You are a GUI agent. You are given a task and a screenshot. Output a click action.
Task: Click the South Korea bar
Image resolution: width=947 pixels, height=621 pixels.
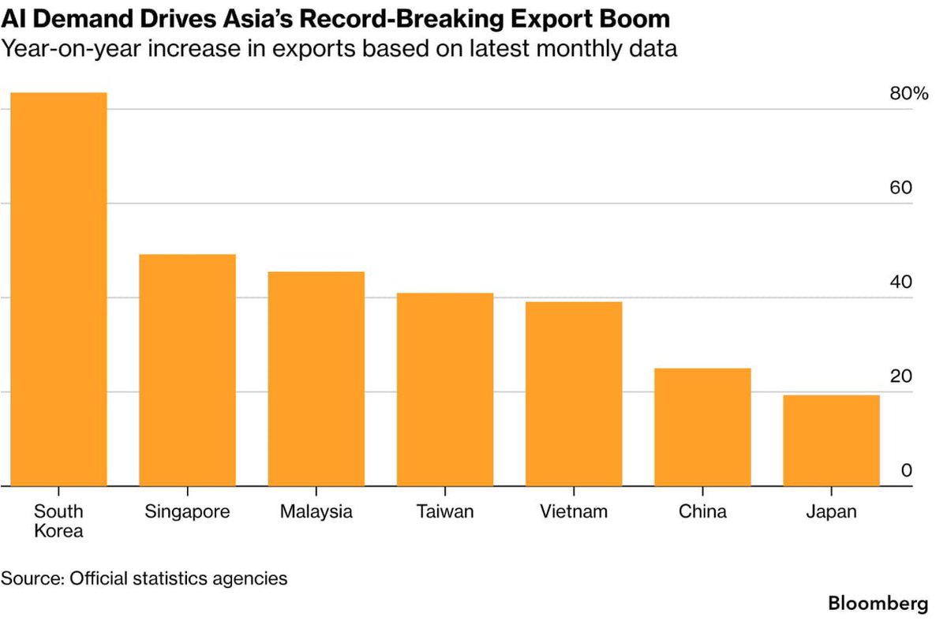click(x=58, y=289)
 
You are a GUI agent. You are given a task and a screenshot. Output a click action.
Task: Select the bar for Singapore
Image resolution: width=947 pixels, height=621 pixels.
click(x=187, y=370)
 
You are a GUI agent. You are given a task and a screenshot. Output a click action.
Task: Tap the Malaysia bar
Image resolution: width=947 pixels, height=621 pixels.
click(x=316, y=379)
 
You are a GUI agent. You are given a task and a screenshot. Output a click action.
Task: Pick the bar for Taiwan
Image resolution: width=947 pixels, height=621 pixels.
click(x=445, y=389)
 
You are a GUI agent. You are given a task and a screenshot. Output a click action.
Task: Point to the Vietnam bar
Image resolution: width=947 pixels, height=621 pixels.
click(x=574, y=394)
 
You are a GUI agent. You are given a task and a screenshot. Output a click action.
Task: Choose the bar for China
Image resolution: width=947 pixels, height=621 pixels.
click(x=702, y=427)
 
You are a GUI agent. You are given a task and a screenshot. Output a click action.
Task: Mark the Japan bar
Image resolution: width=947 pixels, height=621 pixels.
click(x=831, y=440)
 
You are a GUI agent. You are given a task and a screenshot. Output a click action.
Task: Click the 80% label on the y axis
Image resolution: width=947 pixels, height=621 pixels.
click(x=909, y=93)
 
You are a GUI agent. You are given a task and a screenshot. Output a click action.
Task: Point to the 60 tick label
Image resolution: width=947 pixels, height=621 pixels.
click(x=901, y=188)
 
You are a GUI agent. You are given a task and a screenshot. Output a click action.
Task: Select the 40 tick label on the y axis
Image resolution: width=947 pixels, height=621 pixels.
click(x=901, y=282)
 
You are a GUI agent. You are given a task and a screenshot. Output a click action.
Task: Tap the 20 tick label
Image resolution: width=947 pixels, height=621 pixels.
click(x=901, y=376)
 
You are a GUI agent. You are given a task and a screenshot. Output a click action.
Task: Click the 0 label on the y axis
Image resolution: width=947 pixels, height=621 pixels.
click(x=907, y=470)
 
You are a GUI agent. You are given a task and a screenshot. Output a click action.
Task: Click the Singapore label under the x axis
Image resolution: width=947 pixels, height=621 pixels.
click(x=187, y=512)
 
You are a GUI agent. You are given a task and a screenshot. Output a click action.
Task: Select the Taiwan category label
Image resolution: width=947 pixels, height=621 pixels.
click(x=445, y=511)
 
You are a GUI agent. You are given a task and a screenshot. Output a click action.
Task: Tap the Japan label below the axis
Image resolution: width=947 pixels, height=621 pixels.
click(x=831, y=512)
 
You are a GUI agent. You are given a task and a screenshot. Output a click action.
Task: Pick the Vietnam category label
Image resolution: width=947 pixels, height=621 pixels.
click(x=574, y=511)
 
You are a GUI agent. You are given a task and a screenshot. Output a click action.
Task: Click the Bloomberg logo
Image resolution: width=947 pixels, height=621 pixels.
click(x=878, y=604)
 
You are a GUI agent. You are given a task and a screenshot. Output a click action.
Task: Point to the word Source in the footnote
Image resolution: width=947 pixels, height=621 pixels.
click(x=32, y=578)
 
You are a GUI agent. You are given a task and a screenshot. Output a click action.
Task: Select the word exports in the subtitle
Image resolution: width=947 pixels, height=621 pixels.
click(x=314, y=49)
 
